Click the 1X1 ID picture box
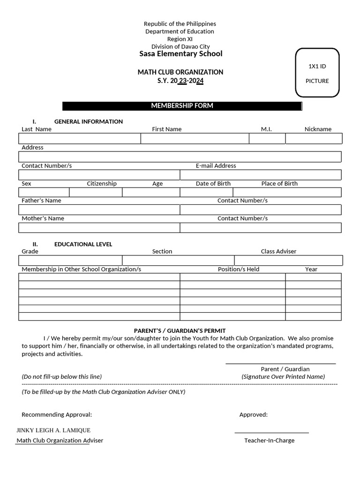[317, 73]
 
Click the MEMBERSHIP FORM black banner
[182, 106]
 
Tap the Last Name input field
[80, 138]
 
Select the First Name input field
[195, 138]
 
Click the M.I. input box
[267, 138]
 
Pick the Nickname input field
[314, 138]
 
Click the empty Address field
[180, 157]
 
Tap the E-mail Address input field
[261, 175]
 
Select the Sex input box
[44, 192]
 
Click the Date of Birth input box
[206, 192]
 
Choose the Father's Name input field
[99, 210]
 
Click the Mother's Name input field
[99, 228]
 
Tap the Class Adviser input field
[288, 260]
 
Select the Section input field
[178, 260]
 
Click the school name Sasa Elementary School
[180, 54]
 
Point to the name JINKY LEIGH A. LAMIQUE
[53, 430]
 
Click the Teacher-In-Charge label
[269, 441]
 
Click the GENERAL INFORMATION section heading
[88, 121]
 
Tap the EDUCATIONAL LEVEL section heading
[83, 244]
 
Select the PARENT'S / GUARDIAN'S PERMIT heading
[180, 330]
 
